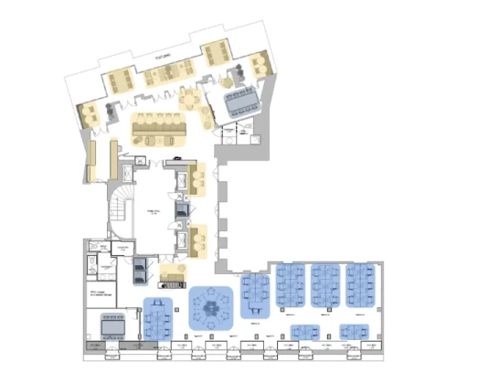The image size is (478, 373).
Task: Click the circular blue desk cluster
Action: (213, 306)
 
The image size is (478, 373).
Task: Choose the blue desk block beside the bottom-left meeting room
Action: (159, 318)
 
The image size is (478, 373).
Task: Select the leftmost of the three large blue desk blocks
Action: (292, 286)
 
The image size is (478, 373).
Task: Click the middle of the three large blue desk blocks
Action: (326, 286)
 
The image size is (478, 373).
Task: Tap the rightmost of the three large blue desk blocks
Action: (360, 286)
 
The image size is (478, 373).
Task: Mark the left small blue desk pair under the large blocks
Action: (305, 331)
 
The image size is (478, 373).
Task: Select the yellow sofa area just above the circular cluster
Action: (173, 272)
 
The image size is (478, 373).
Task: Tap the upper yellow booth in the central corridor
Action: (198, 180)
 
